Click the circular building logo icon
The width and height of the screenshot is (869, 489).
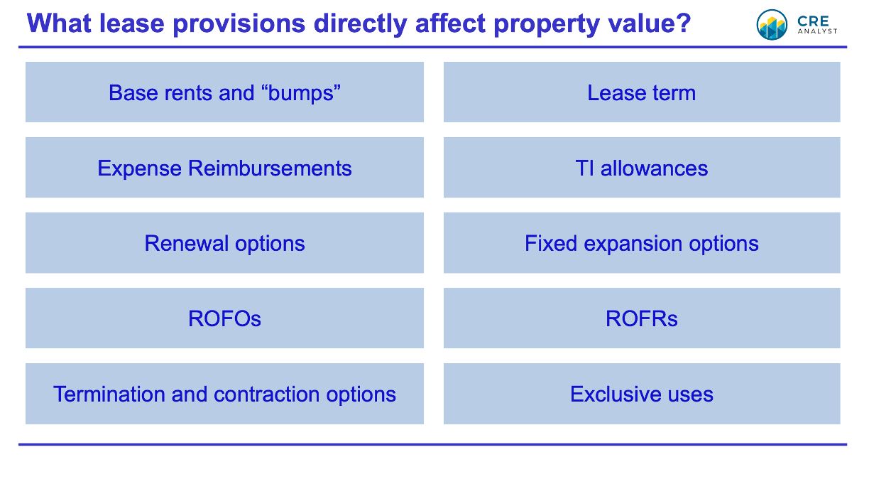tap(772, 25)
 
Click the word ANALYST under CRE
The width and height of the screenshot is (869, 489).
tap(817, 31)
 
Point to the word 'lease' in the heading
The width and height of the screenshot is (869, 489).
tap(132, 23)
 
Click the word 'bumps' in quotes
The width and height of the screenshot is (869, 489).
tap(300, 94)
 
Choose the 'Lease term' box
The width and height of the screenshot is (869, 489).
tap(642, 92)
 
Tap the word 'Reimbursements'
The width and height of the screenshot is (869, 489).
tap(270, 168)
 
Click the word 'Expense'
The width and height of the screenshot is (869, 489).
tap(140, 169)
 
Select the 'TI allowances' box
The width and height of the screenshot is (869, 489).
tap(642, 168)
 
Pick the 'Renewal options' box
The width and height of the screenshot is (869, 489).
tap(224, 243)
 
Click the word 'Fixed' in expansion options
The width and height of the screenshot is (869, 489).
tap(551, 244)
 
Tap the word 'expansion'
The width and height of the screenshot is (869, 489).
tap(633, 244)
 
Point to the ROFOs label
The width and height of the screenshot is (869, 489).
tap(224, 319)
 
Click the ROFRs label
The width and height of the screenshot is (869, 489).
tap(642, 319)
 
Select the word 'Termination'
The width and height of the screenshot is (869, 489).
tap(109, 394)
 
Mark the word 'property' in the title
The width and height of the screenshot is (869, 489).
tap(546, 24)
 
